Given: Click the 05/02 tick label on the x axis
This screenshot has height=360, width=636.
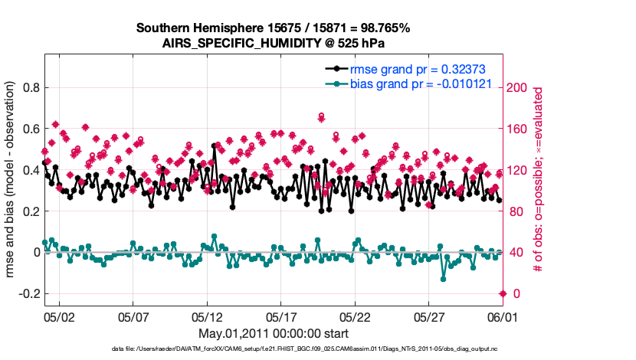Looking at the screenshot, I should (58, 316).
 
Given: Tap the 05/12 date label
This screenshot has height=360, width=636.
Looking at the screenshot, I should (207, 316).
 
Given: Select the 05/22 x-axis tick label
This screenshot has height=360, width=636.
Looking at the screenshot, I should (355, 316).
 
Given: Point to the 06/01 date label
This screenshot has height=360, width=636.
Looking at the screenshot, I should (503, 316).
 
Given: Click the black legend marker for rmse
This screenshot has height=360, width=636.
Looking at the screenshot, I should (336, 69).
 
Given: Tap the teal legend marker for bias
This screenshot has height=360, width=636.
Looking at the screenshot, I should (336, 83).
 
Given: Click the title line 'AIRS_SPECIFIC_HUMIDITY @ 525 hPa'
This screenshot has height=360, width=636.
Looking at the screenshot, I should (274, 43).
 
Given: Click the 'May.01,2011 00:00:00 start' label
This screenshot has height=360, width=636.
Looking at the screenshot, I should (274, 333).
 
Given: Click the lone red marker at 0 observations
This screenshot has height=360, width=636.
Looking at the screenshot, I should (503, 293).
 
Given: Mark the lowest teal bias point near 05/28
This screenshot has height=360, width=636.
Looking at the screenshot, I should (444, 278).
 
